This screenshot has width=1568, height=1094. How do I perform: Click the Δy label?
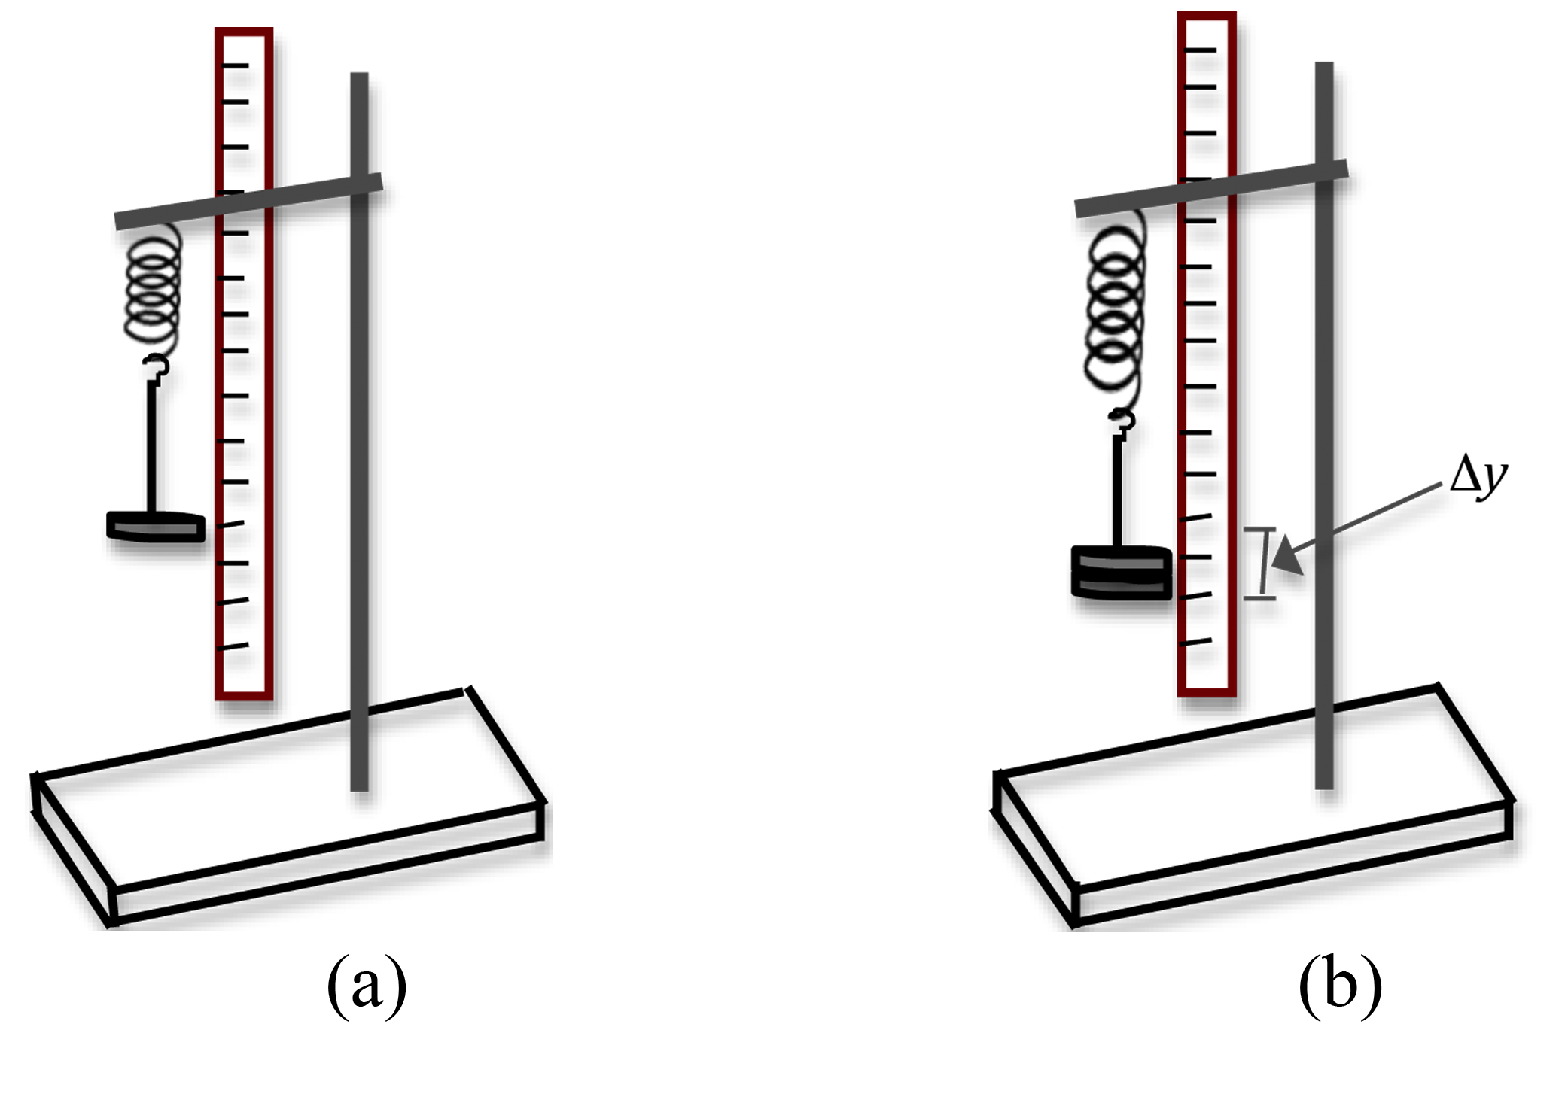click(1478, 476)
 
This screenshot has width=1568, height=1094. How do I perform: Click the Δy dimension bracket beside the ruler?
click(1262, 563)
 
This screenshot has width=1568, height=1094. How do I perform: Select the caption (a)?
click(367, 985)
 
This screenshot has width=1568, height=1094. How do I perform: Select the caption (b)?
click(1340, 985)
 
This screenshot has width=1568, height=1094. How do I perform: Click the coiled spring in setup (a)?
click(154, 290)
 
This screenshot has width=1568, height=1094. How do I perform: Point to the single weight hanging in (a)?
click(156, 527)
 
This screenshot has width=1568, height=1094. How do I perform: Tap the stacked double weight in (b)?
click(1121, 572)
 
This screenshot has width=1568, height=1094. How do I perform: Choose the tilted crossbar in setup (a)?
click(248, 201)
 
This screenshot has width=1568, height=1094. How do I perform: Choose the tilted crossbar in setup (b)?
click(1210, 189)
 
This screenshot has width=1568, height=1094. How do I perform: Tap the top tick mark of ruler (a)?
click(235, 65)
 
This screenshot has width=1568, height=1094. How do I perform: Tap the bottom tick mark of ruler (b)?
click(1197, 642)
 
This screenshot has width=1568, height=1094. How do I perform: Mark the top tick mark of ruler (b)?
click(1200, 50)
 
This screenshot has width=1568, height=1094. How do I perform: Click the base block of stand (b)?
click(1253, 805)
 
